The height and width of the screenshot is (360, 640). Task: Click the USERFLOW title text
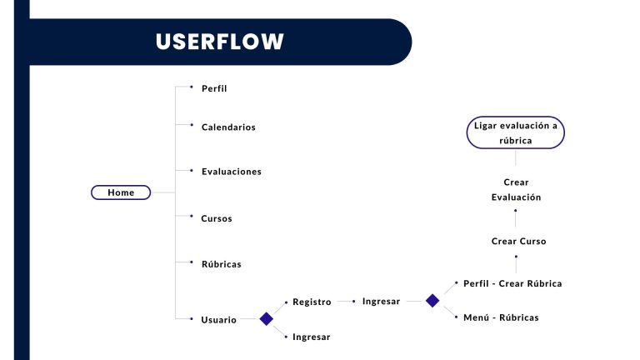pyautogui.click(x=220, y=42)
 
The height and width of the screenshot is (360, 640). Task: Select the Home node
pyautogui.click(x=121, y=192)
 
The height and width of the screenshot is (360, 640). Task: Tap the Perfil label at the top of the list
pyautogui.click(x=214, y=88)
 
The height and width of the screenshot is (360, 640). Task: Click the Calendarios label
pyautogui.click(x=228, y=127)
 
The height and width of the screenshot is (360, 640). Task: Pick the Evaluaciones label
pyautogui.click(x=232, y=172)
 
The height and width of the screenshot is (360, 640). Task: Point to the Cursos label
pyautogui.click(x=217, y=218)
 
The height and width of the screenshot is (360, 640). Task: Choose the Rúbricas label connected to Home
pyautogui.click(x=221, y=264)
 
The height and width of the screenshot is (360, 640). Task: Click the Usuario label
pyautogui.click(x=219, y=320)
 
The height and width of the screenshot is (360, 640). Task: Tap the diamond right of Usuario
pyautogui.click(x=266, y=319)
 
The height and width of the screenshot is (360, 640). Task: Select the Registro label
pyautogui.click(x=312, y=302)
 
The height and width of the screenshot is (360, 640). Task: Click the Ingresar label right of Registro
pyautogui.click(x=381, y=301)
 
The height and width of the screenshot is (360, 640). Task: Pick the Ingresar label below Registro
pyautogui.click(x=312, y=337)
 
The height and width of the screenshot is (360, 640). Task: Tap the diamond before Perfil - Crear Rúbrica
pyautogui.click(x=432, y=301)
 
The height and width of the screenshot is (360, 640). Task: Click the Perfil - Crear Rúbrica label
pyautogui.click(x=512, y=283)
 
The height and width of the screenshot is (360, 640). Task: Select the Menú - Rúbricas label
pyautogui.click(x=501, y=317)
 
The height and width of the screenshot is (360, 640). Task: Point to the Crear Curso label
pyautogui.click(x=519, y=241)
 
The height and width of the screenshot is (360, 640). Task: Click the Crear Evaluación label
pyautogui.click(x=516, y=190)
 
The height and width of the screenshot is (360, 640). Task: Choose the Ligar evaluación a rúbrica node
pyautogui.click(x=516, y=132)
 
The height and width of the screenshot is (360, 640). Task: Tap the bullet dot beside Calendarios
pyautogui.click(x=192, y=125)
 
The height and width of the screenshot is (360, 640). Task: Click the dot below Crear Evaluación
pyautogui.click(x=516, y=211)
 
